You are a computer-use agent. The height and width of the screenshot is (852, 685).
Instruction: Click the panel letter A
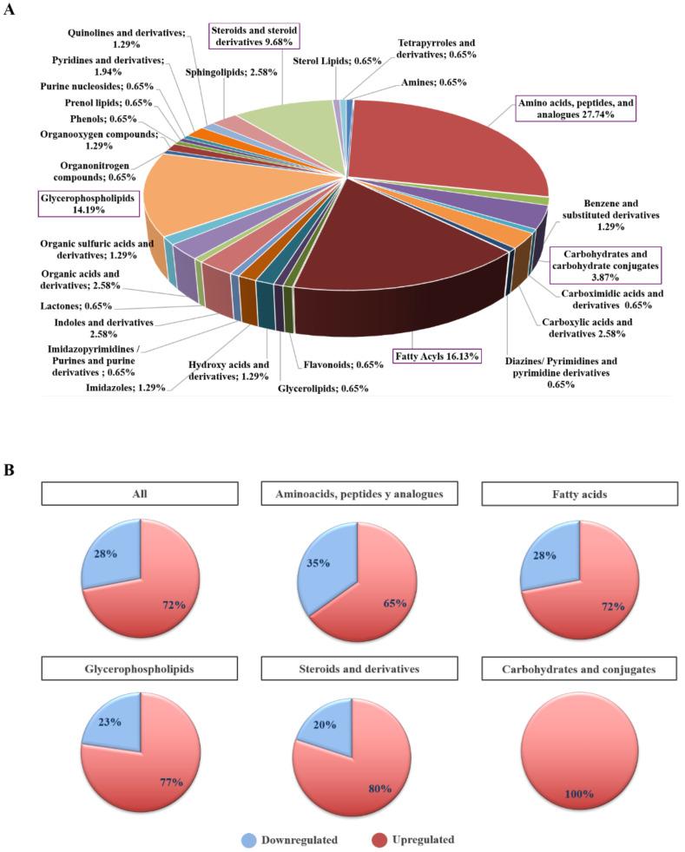pos(11,13)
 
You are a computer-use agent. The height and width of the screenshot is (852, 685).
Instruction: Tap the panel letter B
pos(11,469)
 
